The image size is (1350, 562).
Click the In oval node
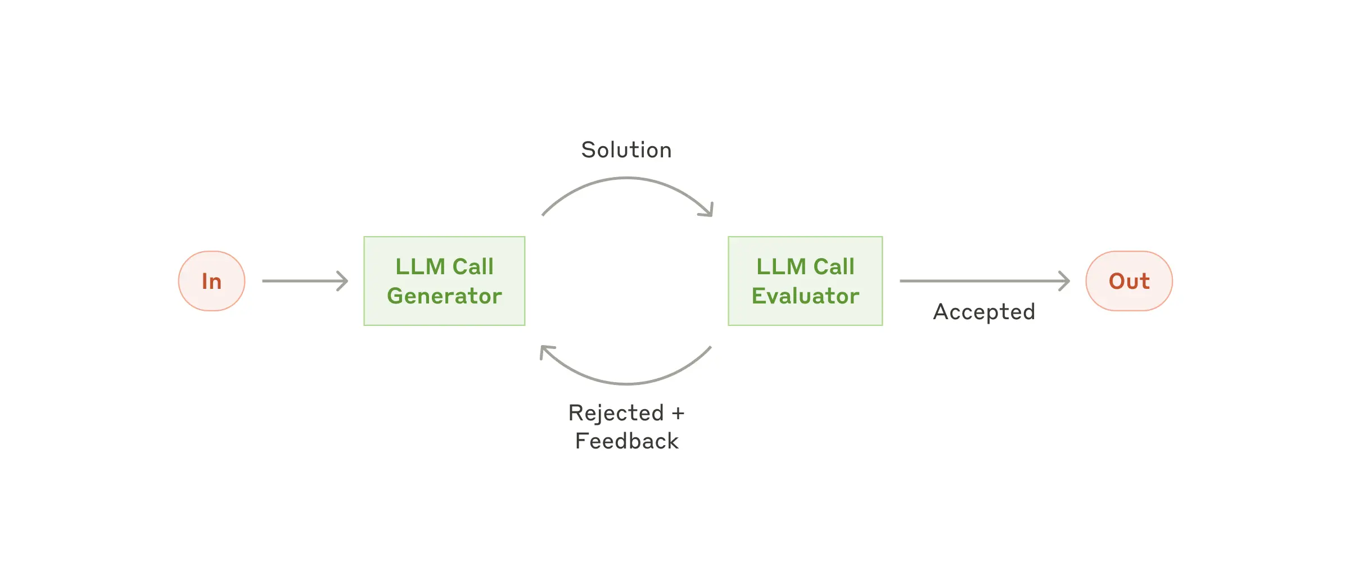point(211,281)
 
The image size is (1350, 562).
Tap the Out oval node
point(1128,281)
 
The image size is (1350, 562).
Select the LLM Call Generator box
point(444,281)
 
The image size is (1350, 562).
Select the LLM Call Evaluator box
point(805,281)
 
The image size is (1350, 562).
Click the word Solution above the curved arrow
point(626,150)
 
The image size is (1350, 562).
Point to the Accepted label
point(984,312)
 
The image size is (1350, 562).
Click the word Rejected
point(616,413)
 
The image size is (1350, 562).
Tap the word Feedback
point(627,441)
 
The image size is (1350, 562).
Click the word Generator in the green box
point(444,296)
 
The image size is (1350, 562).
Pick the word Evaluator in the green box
point(805,296)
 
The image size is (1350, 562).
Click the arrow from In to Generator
point(304,281)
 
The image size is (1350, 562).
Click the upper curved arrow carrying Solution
point(626,179)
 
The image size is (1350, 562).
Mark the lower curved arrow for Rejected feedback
point(626,383)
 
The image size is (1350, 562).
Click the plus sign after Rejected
point(678,414)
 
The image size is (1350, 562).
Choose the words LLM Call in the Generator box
point(444,266)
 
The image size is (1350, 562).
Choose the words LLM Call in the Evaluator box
point(805,266)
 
